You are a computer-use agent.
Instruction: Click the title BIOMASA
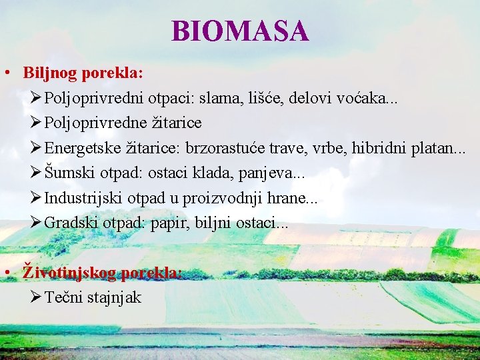[240, 31]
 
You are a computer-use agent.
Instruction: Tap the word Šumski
[69, 173]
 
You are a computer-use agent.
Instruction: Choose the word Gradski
[71, 223]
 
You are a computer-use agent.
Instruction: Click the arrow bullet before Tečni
[36, 297]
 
